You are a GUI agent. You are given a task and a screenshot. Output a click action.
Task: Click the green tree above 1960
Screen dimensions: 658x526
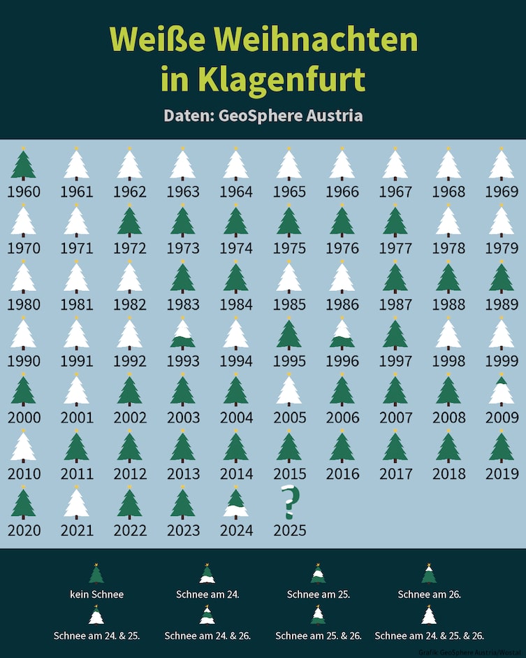coord(24,165)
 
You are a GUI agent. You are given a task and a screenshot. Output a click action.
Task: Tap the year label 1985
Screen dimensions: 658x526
coord(289,305)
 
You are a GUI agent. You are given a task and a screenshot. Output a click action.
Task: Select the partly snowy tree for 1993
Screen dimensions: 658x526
coord(183,334)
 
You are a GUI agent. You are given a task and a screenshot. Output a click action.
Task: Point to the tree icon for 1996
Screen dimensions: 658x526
coord(342,334)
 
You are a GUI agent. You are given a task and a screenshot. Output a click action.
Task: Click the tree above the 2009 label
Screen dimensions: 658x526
coord(501,391)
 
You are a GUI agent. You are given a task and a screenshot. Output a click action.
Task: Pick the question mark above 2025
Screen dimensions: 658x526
coord(289,502)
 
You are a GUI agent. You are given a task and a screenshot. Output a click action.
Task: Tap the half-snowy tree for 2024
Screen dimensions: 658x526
coord(236,503)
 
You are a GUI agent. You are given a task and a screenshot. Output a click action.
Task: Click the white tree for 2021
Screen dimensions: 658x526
coord(77,503)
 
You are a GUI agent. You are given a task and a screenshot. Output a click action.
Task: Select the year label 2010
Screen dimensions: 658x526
coord(24,474)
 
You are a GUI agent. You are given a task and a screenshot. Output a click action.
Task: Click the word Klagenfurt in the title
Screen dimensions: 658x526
coord(263,79)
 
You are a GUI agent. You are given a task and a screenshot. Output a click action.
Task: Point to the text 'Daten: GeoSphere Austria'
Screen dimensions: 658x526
coord(263,115)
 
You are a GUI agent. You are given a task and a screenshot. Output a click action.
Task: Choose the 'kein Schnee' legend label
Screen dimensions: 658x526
coord(96,594)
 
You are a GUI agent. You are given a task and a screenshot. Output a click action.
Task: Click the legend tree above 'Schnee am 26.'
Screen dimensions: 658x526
coord(429,574)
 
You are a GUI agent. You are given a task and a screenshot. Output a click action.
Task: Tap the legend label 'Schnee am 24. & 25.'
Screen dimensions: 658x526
coord(96,636)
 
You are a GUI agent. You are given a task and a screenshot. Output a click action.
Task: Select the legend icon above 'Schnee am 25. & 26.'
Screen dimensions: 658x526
coord(318,615)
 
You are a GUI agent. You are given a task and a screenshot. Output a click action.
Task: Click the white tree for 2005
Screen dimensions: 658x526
coord(289,391)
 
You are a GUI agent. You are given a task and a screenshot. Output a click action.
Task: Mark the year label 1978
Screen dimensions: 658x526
coord(448,248)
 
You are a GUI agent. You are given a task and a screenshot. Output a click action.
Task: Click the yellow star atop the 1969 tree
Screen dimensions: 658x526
coord(501,149)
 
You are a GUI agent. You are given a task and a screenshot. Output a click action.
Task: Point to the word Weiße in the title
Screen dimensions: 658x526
coord(152,40)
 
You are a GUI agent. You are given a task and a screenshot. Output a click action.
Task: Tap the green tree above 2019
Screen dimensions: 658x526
coord(501,448)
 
